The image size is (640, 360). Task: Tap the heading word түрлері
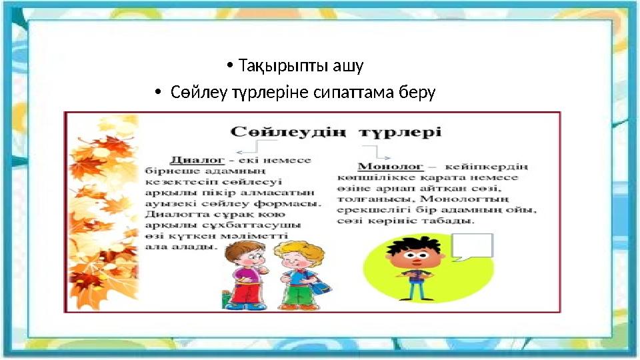tap(400, 131)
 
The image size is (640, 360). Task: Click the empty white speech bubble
tap(471, 245)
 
